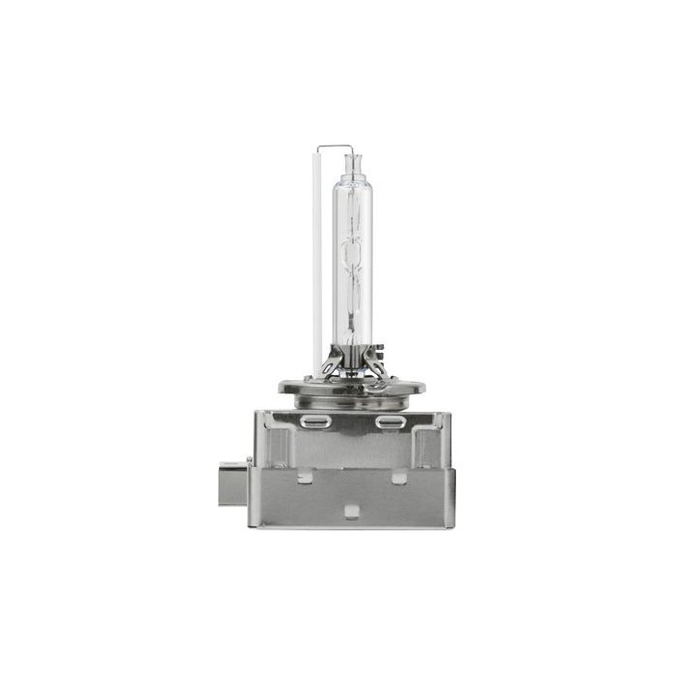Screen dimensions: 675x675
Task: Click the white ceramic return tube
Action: point(317,260)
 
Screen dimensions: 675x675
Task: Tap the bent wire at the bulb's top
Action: point(334,148)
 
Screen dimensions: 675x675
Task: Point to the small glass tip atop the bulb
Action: point(352,159)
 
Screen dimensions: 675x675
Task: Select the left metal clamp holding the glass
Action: point(333,364)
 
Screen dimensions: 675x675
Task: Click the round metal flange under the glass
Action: point(351,387)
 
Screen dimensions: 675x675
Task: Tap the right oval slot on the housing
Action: point(390,422)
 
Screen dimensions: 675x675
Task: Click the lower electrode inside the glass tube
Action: point(352,289)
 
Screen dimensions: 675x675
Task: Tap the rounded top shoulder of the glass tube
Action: point(352,183)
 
